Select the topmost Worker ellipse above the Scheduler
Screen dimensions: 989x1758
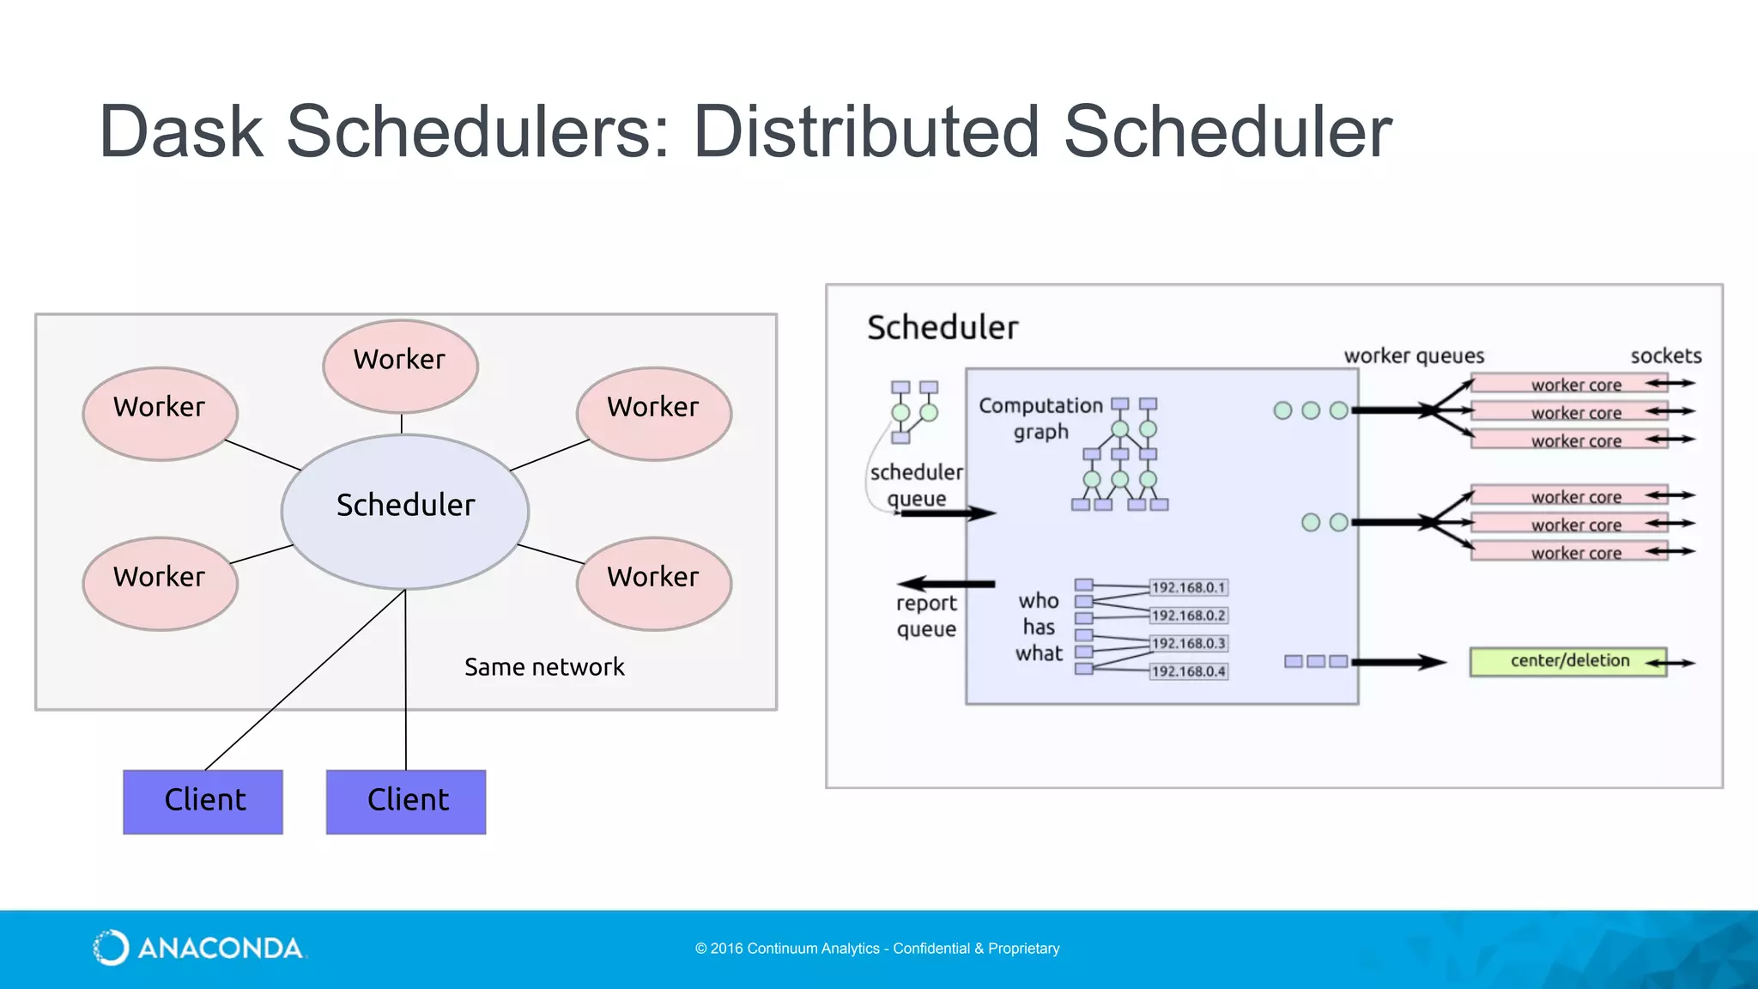pos(400,366)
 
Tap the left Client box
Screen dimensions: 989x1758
pos(203,801)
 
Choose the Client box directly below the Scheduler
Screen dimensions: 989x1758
pos(406,801)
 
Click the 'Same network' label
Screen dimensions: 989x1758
pos(544,667)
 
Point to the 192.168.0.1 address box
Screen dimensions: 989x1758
pos(1188,588)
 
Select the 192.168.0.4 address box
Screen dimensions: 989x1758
pos(1188,671)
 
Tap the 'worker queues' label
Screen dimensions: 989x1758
pos(1413,356)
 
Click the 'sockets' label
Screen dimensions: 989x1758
pos(1665,356)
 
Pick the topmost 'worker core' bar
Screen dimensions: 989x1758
pos(1569,385)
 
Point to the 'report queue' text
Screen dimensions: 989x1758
pos(926,616)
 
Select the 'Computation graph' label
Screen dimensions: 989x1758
pos(1040,418)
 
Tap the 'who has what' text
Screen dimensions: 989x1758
pos(1039,628)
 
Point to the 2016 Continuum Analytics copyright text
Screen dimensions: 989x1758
pos(876,949)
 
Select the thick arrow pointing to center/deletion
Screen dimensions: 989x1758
pos(1399,662)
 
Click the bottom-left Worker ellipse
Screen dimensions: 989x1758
pos(160,583)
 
